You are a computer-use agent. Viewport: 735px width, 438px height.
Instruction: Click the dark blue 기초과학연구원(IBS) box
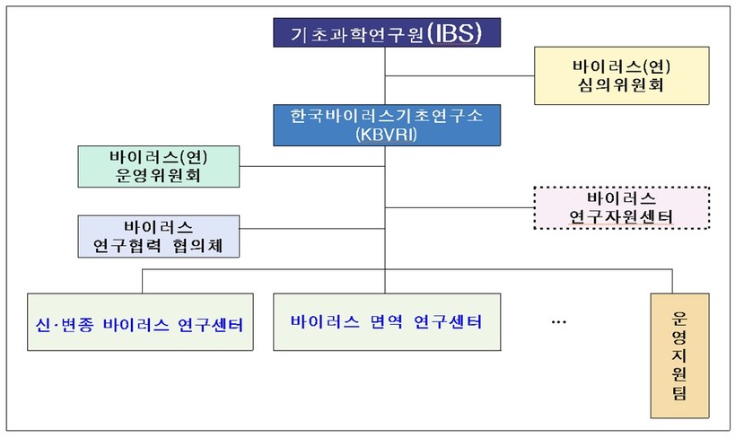[387, 32]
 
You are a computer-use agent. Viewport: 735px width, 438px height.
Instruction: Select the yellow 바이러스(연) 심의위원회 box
[622, 75]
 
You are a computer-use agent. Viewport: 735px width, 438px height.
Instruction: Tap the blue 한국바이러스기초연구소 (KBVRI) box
[387, 126]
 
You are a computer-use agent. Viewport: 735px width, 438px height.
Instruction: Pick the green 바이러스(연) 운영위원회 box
[159, 166]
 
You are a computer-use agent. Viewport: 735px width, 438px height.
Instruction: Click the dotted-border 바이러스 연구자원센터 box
[622, 207]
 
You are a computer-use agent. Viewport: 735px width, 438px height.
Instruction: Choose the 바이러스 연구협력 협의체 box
[159, 236]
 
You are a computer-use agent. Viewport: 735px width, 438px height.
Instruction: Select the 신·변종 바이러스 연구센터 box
[140, 322]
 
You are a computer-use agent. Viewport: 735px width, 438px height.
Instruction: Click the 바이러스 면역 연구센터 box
[387, 322]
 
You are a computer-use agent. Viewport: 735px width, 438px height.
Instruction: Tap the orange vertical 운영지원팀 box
[679, 355]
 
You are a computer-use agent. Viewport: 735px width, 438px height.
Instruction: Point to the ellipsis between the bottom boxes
[559, 322]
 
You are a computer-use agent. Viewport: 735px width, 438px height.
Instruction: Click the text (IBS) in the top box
[455, 33]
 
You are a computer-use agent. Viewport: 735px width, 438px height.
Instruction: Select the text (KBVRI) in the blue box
[386, 135]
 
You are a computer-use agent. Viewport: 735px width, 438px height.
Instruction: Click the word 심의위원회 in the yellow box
[621, 85]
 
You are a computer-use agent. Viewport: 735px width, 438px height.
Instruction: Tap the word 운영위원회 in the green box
[158, 175]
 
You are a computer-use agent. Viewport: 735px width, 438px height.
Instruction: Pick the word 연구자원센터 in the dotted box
[621, 216]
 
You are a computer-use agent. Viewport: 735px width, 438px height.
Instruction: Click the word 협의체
[197, 245]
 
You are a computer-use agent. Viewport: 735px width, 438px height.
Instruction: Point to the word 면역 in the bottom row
[386, 321]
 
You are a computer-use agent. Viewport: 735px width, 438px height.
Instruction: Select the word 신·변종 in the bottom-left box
[65, 325]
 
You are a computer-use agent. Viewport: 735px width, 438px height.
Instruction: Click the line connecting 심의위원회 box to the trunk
[459, 75]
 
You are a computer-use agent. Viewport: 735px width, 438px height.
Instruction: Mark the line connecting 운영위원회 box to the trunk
[312, 166]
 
